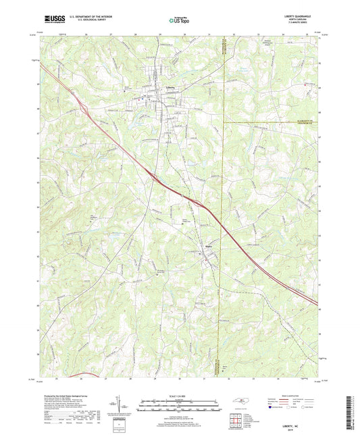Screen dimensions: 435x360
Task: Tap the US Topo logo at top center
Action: pyautogui.click(x=177, y=21)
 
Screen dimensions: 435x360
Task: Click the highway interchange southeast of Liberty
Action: pyautogui.click(x=157, y=178)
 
